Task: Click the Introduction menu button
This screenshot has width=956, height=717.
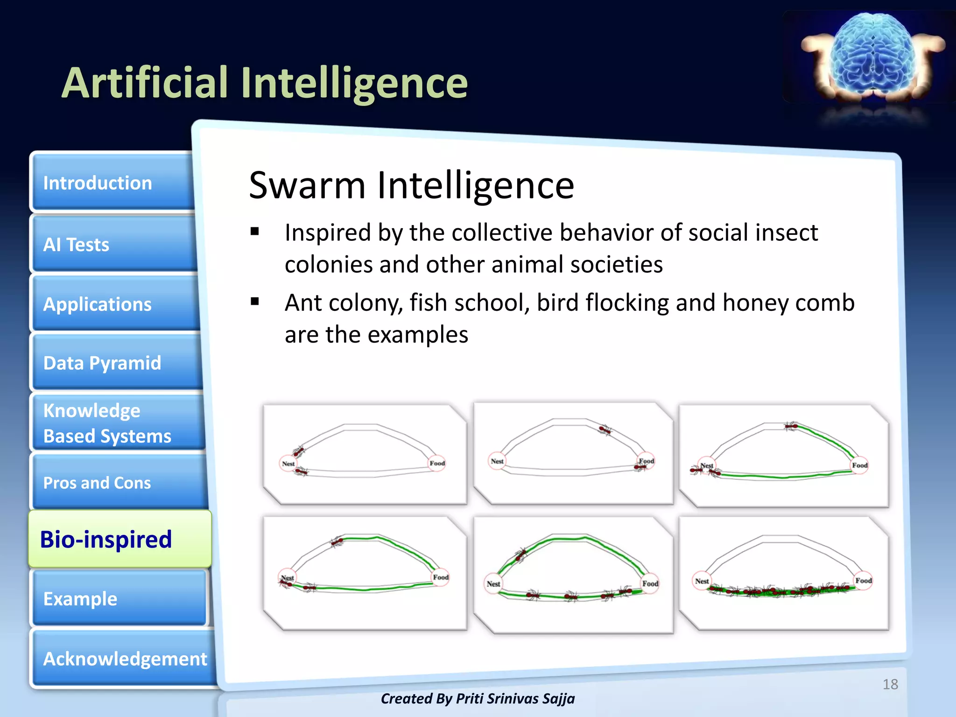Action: pyautogui.click(x=112, y=183)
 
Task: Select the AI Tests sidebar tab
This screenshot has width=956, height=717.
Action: pyautogui.click(x=112, y=244)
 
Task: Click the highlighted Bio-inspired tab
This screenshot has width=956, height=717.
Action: pyautogui.click(x=119, y=539)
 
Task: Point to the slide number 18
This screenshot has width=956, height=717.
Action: pyautogui.click(x=890, y=684)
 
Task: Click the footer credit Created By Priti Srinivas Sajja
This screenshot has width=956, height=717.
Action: pyautogui.click(x=478, y=698)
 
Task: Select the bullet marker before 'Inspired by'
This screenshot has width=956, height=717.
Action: pyautogui.click(x=254, y=232)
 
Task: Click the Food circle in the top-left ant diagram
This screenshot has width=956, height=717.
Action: pyautogui.click(x=437, y=463)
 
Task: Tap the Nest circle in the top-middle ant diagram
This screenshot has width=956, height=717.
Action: pyautogui.click(x=497, y=461)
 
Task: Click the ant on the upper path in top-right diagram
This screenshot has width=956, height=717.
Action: pyautogui.click(x=791, y=426)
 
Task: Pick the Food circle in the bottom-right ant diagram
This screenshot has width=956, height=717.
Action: pyautogui.click(x=863, y=581)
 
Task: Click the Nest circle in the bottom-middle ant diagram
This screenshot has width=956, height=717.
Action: pyautogui.click(x=493, y=583)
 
